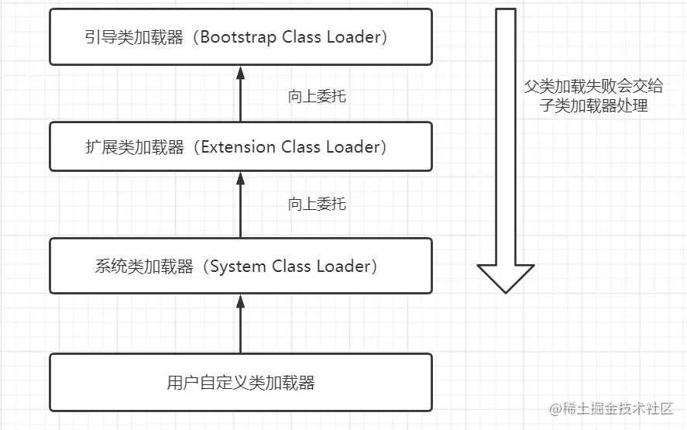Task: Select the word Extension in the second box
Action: pyautogui.click(x=234, y=147)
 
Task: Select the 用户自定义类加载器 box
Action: pyautogui.click(x=241, y=383)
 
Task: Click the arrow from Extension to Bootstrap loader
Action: pyautogui.click(x=240, y=93)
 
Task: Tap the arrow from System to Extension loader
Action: pyautogui.click(x=240, y=204)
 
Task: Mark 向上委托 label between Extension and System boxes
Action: pyautogui.click(x=317, y=205)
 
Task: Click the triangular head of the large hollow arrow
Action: pyautogui.click(x=506, y=277)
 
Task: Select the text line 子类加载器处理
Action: pyautogui.click(x=593, y=105)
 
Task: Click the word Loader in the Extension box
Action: pyautogui.click(x=354, y=147)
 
